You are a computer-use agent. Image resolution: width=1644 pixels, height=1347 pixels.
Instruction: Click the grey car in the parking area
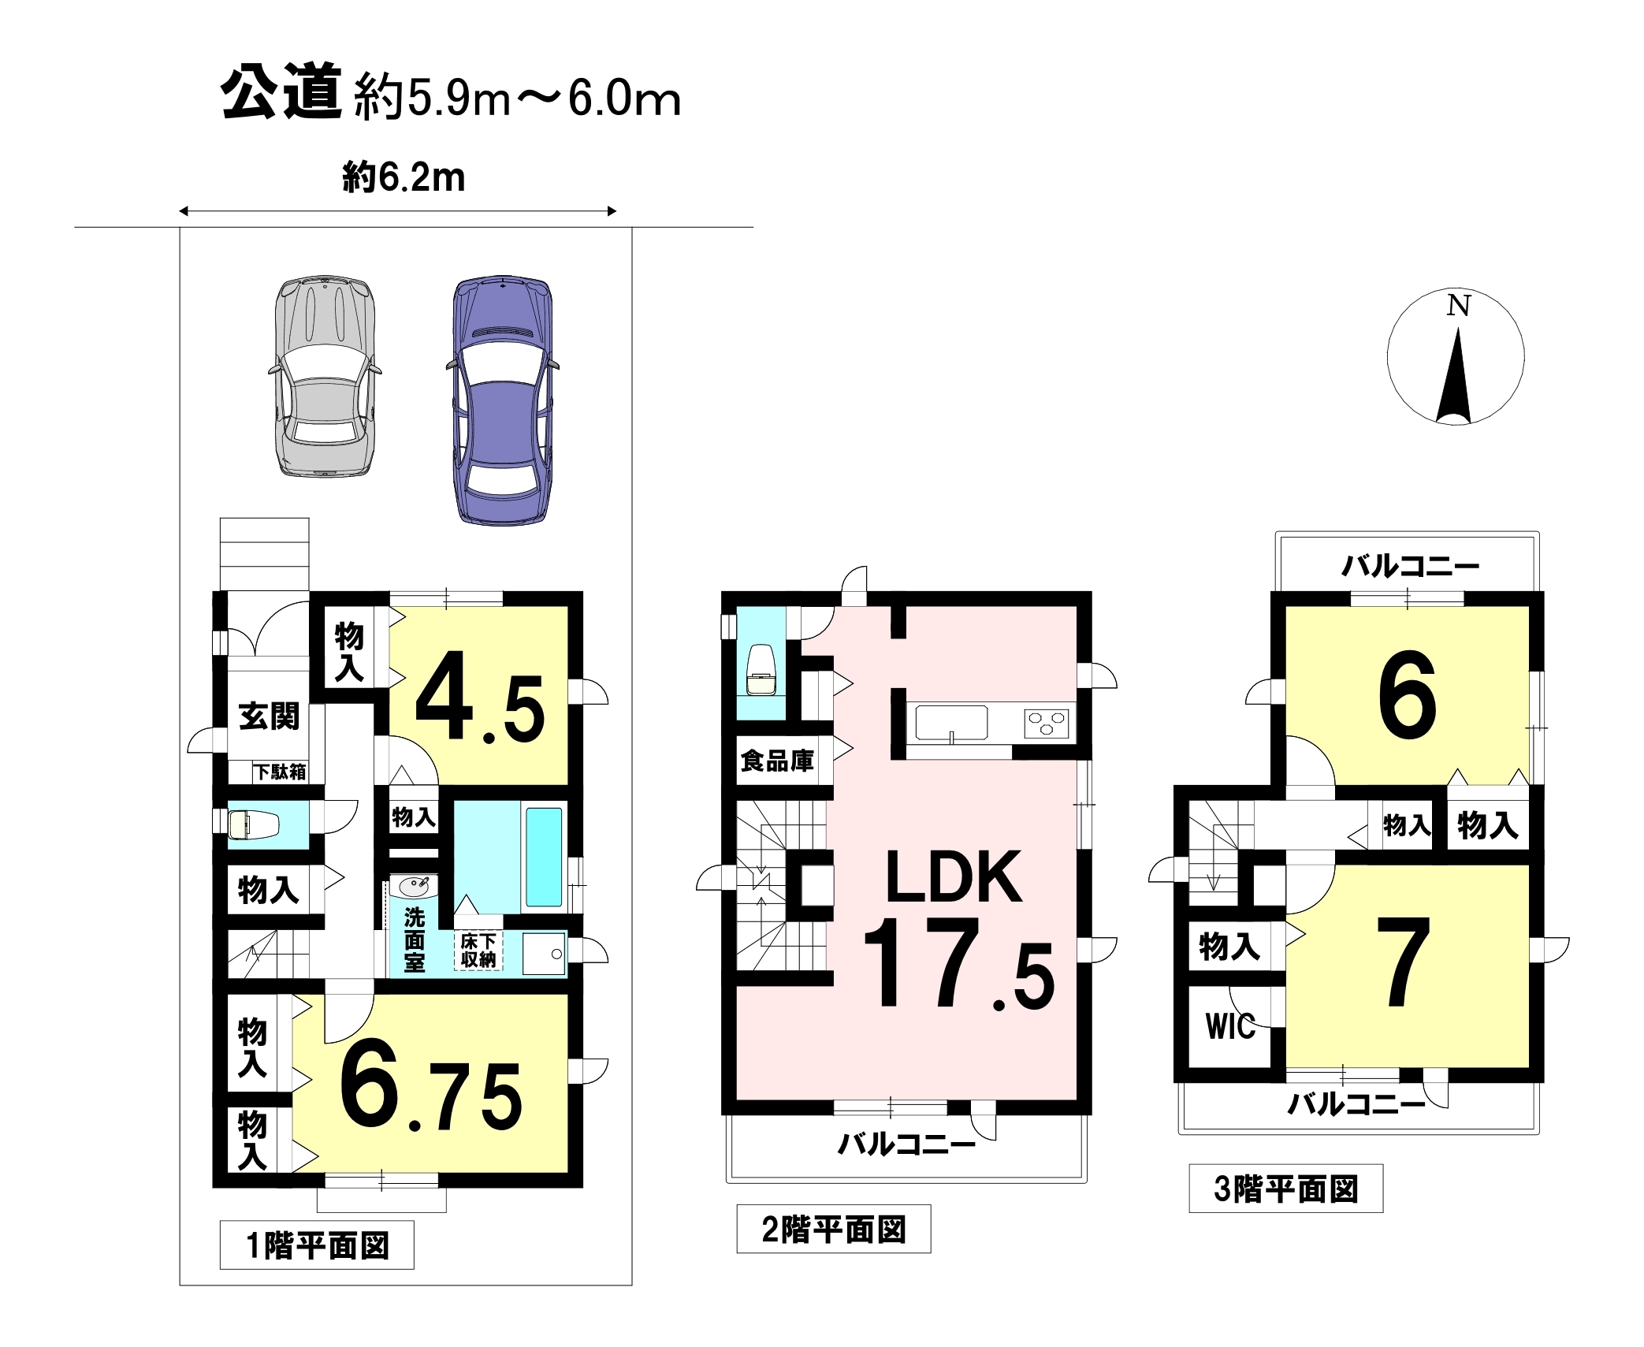[x=325, y=376]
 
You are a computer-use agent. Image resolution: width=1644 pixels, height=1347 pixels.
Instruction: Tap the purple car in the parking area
[x=503, y=400]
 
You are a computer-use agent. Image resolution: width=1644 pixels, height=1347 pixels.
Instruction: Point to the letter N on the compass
[x=1458, y=306]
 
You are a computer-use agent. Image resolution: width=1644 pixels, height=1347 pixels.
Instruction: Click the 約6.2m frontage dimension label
[x=404, y=177]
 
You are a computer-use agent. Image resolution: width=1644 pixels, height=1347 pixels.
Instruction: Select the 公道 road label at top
[x=281, y=92]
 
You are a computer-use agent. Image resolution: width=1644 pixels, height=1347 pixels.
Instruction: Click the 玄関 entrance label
[x=269, y=716]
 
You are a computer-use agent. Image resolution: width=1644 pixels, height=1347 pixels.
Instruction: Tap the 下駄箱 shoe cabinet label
[x=280, y=772]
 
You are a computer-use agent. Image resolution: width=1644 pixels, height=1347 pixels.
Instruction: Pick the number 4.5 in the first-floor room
[x=479, y=698]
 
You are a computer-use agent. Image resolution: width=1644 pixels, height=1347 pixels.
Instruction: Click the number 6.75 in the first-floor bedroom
[x=431, y=1086]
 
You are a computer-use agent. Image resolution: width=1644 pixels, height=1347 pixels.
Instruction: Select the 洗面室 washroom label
[x=415, y=940]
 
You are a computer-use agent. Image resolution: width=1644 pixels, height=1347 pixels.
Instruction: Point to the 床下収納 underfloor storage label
[x=478, y=951]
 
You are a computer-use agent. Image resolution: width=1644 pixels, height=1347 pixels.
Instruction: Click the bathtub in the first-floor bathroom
[x=544, y=857]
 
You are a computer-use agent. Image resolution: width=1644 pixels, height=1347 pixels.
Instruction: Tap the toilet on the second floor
[x=761, y=670]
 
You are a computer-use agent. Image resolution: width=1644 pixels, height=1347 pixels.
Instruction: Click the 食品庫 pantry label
[x=777, y=761]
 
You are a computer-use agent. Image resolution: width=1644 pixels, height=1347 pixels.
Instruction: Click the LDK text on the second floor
[x=954, y=877]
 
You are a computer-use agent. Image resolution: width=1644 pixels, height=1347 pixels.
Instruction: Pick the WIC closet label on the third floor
[x=1230, y=1026]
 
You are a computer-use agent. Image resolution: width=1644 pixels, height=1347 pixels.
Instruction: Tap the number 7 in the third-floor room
[x=1404, y=962]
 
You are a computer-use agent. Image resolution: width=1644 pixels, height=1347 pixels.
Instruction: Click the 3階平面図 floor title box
[x=1286, y=1189]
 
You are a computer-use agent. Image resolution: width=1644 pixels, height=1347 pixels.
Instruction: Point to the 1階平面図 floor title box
[x=317, y=1245]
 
